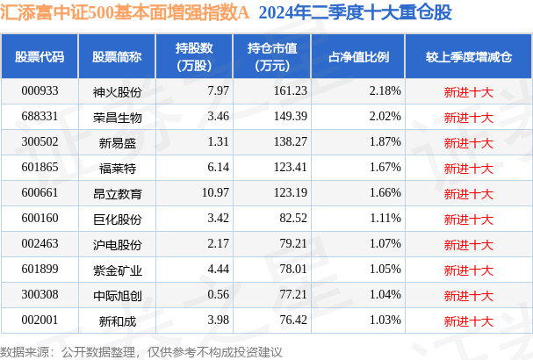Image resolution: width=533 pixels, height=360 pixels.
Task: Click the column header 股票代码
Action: (40, 57)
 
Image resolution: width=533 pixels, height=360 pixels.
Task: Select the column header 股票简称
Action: (117, 57)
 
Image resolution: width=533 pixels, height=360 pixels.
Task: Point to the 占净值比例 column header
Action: (359, 57)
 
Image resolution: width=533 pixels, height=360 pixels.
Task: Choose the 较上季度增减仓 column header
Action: (468, 57)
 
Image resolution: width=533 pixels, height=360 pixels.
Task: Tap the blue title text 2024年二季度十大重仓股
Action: (355, 15)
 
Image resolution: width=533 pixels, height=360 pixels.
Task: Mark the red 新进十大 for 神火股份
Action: (468, 91)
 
